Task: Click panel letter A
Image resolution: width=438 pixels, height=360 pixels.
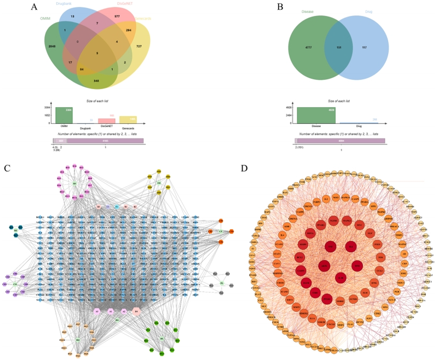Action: click(x=34, y=7)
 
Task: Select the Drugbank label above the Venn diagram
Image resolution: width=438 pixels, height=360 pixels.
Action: click(x=67, y=4)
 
